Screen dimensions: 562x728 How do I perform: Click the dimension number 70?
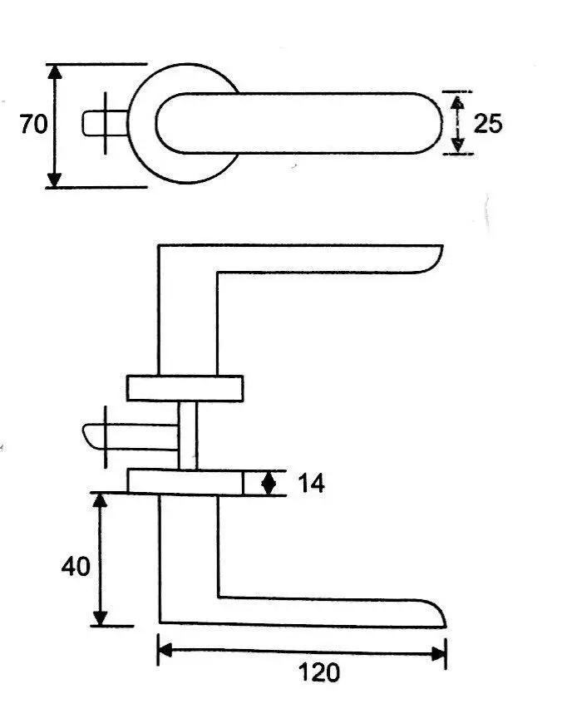pyautogui.click(x=34, y=125)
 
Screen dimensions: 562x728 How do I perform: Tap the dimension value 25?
pyautogui.click(x=488, y=124)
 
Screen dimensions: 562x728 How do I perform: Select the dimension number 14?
pyautogui.click(x=311, y=484)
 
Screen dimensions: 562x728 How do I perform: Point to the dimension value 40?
pyautogui.click(x=76, y=567)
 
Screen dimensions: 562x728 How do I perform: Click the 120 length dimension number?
pyautogui.click(x=319, y=672)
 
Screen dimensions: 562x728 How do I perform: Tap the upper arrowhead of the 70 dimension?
pyautogui.click(x=55, y=72)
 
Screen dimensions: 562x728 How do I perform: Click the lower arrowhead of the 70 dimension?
pyautogui.click(x=55, y=180)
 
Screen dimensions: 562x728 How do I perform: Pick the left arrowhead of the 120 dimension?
pyautogui.click(x=165, y=651)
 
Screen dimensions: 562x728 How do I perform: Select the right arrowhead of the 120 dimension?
pyautogui.click(x=438, y=654)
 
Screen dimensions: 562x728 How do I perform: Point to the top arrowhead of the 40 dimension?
pyautogui.click(x=100, y=500)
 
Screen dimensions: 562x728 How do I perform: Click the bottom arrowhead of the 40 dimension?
pyautogui.click(x=100, y=618)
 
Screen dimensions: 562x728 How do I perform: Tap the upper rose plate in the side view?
pyautogui.click(x=185, y=388)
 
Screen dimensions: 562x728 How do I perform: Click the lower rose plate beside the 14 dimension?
pyautogui.click(x=185, y=482)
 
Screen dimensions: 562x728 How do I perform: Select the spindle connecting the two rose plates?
pyautogui.click(x=188, y=435)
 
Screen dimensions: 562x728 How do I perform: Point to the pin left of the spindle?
pyautogui.click(x=130, y=437)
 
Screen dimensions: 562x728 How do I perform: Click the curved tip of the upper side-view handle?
pyautogui.click(x=432, y=260)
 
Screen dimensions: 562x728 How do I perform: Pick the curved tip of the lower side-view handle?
pyautogui.click(x=434, y=612)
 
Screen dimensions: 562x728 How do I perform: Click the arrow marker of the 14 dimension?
pyautogui.click(x=269, y=484)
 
